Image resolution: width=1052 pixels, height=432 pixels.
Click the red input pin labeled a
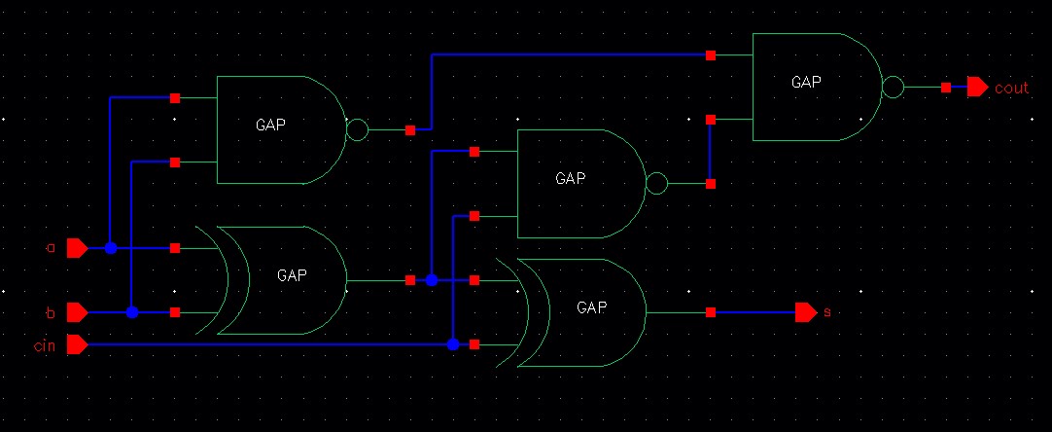(77, 248)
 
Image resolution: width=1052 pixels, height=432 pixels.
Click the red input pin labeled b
(77, 312)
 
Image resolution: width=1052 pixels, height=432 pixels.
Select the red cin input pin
(77, 344)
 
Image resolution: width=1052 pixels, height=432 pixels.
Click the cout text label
(1011, 89)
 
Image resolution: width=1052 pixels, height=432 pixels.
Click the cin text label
(46, 344)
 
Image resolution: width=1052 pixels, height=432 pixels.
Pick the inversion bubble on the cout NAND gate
(893, 88)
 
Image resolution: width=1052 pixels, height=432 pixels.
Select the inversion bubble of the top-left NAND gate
(357, 129)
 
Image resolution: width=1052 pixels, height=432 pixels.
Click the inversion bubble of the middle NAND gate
(657, 183)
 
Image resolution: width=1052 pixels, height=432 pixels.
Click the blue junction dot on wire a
(111, 248)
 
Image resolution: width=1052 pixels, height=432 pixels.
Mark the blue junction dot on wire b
(132, 312)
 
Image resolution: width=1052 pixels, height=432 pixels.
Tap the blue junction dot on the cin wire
(453, 344)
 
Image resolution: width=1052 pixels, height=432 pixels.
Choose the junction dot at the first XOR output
(432, 280)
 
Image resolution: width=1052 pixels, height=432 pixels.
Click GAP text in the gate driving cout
(807, 83)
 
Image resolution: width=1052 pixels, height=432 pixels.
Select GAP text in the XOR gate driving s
(591, 307)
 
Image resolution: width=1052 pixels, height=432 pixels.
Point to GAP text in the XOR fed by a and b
(292, 275)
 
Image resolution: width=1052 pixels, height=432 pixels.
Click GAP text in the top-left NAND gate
(270, 125)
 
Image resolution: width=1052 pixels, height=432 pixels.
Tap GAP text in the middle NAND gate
(571, 179)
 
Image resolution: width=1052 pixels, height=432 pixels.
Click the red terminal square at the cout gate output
(946, 88)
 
